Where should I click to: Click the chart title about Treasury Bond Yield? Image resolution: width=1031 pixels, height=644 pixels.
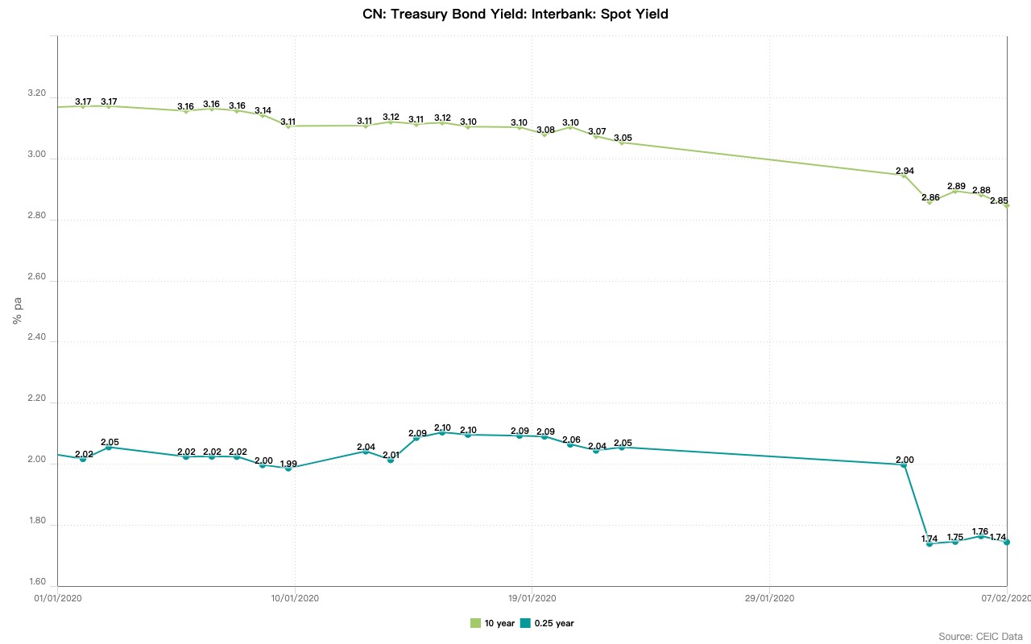tap(515, 14)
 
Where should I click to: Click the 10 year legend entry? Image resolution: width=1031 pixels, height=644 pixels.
tap(492, 623)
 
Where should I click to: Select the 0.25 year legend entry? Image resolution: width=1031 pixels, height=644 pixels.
tap(547, 623)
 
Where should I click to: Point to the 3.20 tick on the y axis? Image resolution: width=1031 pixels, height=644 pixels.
tap(38, 93)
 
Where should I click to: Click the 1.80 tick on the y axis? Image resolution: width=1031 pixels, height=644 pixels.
tap(38, 525)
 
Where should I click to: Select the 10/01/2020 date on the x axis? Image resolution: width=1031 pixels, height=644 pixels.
tap(295, 598)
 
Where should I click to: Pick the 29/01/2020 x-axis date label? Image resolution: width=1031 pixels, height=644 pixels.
tap(769, 598)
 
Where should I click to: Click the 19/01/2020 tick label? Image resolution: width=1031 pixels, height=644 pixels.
tap(532, 598)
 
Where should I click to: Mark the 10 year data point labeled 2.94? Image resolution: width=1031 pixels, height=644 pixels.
tap(904, 175)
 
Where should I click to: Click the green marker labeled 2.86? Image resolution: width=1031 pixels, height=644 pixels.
tap(930, 202)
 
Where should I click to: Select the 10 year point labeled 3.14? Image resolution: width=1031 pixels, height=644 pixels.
tap(263, 115)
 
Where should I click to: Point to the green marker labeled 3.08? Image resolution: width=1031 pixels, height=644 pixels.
tap(544, 134)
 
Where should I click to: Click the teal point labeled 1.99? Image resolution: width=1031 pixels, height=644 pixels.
tap(288, 468)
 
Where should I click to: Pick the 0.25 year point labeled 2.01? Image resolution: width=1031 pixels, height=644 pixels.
tap(391, 460)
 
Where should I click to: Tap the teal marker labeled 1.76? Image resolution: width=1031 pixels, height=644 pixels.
tap(980, 536)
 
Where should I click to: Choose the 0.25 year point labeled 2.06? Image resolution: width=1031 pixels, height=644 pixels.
tap(570, 444)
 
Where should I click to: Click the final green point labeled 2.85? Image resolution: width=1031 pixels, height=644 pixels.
tap(1007, 205)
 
